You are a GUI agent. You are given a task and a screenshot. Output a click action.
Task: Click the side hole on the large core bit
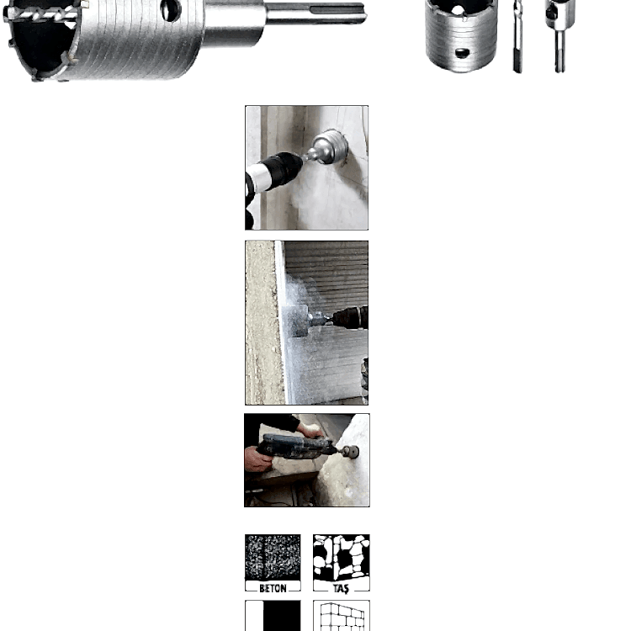click(x=171, y=9)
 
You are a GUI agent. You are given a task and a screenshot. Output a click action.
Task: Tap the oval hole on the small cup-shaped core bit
click(x=462, y=53)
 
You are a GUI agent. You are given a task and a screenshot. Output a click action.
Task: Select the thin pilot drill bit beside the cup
click(x=518, y=36)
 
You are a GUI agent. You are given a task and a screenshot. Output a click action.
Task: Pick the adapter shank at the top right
click(x=559, y=35)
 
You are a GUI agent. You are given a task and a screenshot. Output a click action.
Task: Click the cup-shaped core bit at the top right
click(x=461, y=35)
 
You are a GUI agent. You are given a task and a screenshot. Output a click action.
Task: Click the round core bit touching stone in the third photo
click(x=352, y=452)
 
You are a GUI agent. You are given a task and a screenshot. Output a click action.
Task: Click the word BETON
click(x=273, y=588)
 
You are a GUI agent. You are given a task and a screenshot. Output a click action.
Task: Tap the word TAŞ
click(x=341, y=589)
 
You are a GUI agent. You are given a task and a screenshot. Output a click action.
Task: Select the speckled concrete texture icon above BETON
click(x=273, y=557)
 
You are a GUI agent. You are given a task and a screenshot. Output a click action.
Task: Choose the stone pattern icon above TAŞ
click(x=342, y=557)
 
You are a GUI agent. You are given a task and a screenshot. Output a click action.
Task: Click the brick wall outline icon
click(x=342, y=617)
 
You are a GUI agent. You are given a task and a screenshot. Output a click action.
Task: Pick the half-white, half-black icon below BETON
click(x=273, y=616)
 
